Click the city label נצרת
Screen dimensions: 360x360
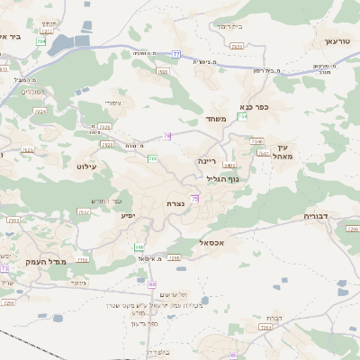[175, 204]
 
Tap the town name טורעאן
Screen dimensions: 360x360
[329, 42]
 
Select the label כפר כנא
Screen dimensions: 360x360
[267, 105]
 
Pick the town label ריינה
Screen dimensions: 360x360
[209, 160]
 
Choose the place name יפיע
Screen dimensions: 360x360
[127, 216]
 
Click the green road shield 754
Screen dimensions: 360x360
[242, 117]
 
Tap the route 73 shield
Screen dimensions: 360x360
[4, 268]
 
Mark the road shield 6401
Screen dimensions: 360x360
[230, 166]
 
